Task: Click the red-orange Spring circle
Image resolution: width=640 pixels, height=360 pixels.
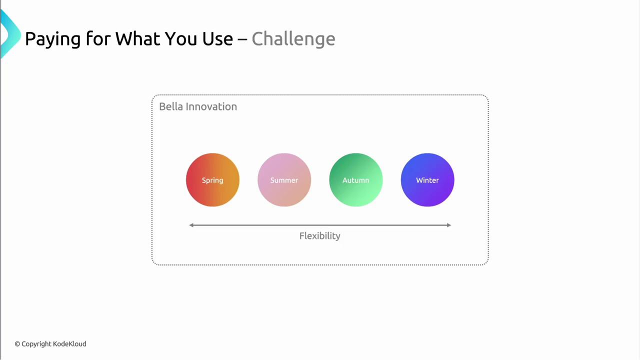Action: (x=212, y=179)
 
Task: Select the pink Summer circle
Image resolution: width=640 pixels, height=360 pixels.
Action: (x=284, y=179)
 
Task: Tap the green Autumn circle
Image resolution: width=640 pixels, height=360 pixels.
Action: (x=355, y=179)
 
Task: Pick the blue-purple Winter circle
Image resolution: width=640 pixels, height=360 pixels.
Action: (x=427, y=179)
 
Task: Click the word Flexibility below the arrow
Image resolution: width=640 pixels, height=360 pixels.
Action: (x=319, y=236)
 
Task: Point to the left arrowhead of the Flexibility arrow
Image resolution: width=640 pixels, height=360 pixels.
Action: (x=191, y=225)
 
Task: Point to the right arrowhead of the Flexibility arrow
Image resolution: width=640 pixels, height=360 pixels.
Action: (x=449, y=225)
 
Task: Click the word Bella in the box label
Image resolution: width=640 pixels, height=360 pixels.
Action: (x=171, y=106)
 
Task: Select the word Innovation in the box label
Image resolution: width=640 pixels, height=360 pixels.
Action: (x=211, y=106)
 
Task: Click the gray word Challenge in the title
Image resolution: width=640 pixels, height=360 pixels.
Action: (x=293, y=39)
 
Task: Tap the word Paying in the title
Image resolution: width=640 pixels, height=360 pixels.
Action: (x=53, y=39)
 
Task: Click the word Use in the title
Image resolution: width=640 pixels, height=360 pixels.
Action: (x=217, y=38)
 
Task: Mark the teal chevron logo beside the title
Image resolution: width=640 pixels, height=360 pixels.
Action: (x=10, y=33)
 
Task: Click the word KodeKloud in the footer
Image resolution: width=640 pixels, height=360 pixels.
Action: (x=69, y=343)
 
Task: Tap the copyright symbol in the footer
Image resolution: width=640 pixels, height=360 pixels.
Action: (x=17, y=344)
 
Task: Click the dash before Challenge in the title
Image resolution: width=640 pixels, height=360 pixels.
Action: (x=242, y=39)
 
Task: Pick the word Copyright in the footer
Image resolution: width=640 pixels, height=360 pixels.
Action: (x=36, y=344)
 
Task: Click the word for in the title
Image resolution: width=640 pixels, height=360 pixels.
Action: (x=98, y=38)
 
